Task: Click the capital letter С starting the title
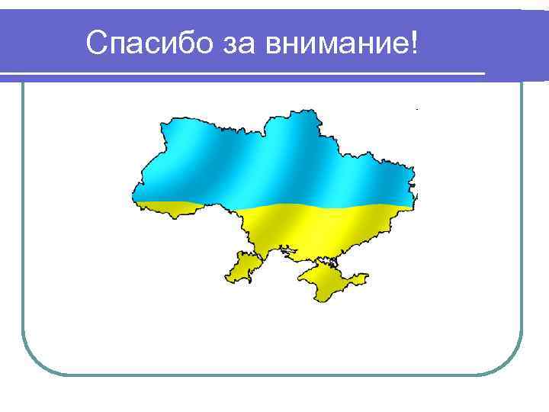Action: coord(96,43)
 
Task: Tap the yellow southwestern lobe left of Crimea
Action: coord(244,267)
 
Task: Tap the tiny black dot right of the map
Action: coord(417,110)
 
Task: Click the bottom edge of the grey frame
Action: coord(271,374)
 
